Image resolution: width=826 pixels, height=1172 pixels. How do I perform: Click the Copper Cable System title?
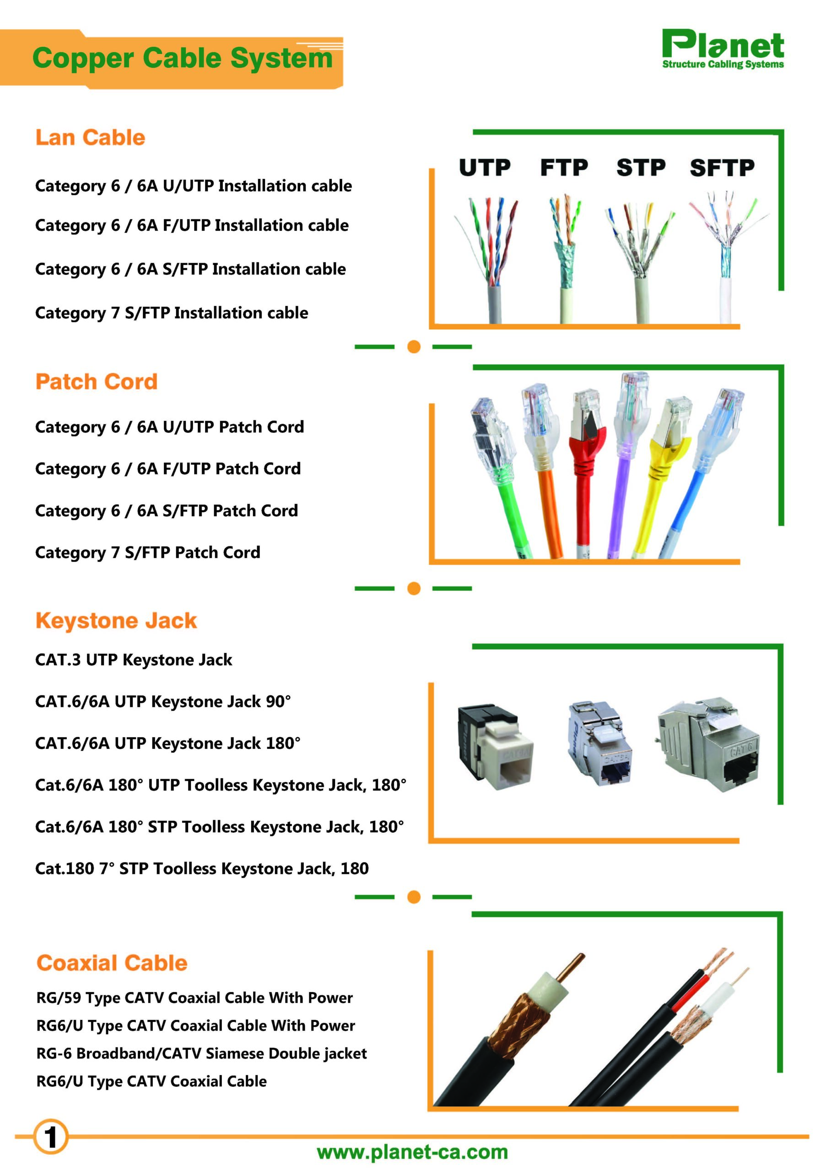(182, 58)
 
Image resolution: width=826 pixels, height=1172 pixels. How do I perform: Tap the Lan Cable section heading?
(90, 138)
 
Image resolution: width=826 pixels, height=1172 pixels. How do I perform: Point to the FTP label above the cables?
(564, 168)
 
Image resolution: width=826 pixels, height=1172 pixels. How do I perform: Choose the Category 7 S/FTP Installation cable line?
(172, 312)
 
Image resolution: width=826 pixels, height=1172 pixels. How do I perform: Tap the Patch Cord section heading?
(97, 382)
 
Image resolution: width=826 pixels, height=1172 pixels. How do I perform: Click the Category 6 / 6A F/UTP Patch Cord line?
(168, 469)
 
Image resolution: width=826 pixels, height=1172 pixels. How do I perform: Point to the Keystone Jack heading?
(116, 621)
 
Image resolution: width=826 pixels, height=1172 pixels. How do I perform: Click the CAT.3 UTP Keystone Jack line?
(133, 660)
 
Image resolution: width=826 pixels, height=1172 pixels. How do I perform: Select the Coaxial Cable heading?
(112, 963)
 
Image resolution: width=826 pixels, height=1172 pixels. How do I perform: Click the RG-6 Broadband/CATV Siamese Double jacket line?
(201, 1053)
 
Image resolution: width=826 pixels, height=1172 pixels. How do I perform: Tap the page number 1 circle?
(50, 1137)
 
